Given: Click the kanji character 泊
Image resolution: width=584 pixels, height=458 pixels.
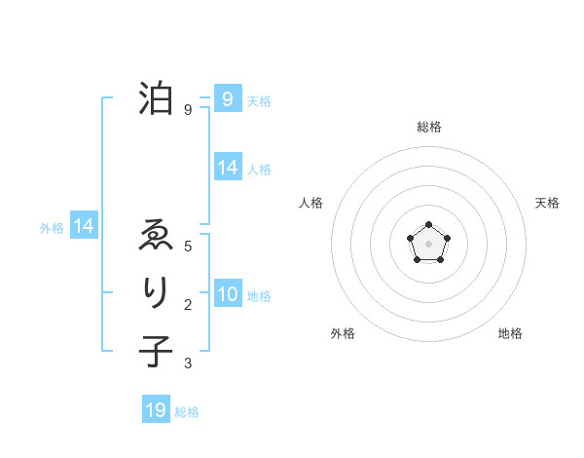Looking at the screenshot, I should [x=156, y=98].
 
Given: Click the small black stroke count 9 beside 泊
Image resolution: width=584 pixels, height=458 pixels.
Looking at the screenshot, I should [x=188, y=110].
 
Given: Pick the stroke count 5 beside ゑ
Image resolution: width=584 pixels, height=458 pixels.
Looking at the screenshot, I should [x=188, y=247].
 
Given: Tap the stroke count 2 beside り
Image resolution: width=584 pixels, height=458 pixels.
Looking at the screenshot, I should [x=188, y=305].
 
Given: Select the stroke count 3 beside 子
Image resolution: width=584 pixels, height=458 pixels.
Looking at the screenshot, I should [x=188, y=363].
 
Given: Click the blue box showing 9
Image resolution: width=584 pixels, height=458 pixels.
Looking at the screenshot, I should [x=227, y=98].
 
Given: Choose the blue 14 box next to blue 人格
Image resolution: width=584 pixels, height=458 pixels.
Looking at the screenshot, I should [x=227, y=168].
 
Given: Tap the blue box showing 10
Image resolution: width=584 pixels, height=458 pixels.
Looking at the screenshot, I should [x=227, y=294].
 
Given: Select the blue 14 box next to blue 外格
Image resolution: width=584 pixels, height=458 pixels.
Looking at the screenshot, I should [x=84, y=226].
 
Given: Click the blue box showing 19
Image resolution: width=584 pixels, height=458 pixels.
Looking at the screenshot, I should [x=156, y=410].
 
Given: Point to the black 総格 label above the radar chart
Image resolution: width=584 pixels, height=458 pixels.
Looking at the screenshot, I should [x=428, y=127].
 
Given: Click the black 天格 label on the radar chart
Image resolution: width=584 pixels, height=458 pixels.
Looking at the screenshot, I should [x=547, y=203].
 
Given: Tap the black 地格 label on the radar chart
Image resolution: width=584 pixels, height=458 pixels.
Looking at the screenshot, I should [x=510, y=333].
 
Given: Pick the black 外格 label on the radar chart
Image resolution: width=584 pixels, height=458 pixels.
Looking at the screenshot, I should [x=343, y=333].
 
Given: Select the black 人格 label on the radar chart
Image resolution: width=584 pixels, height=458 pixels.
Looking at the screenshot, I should [x=310, y=203].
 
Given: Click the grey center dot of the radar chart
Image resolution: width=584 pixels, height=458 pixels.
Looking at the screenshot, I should [x=428, y=243].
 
